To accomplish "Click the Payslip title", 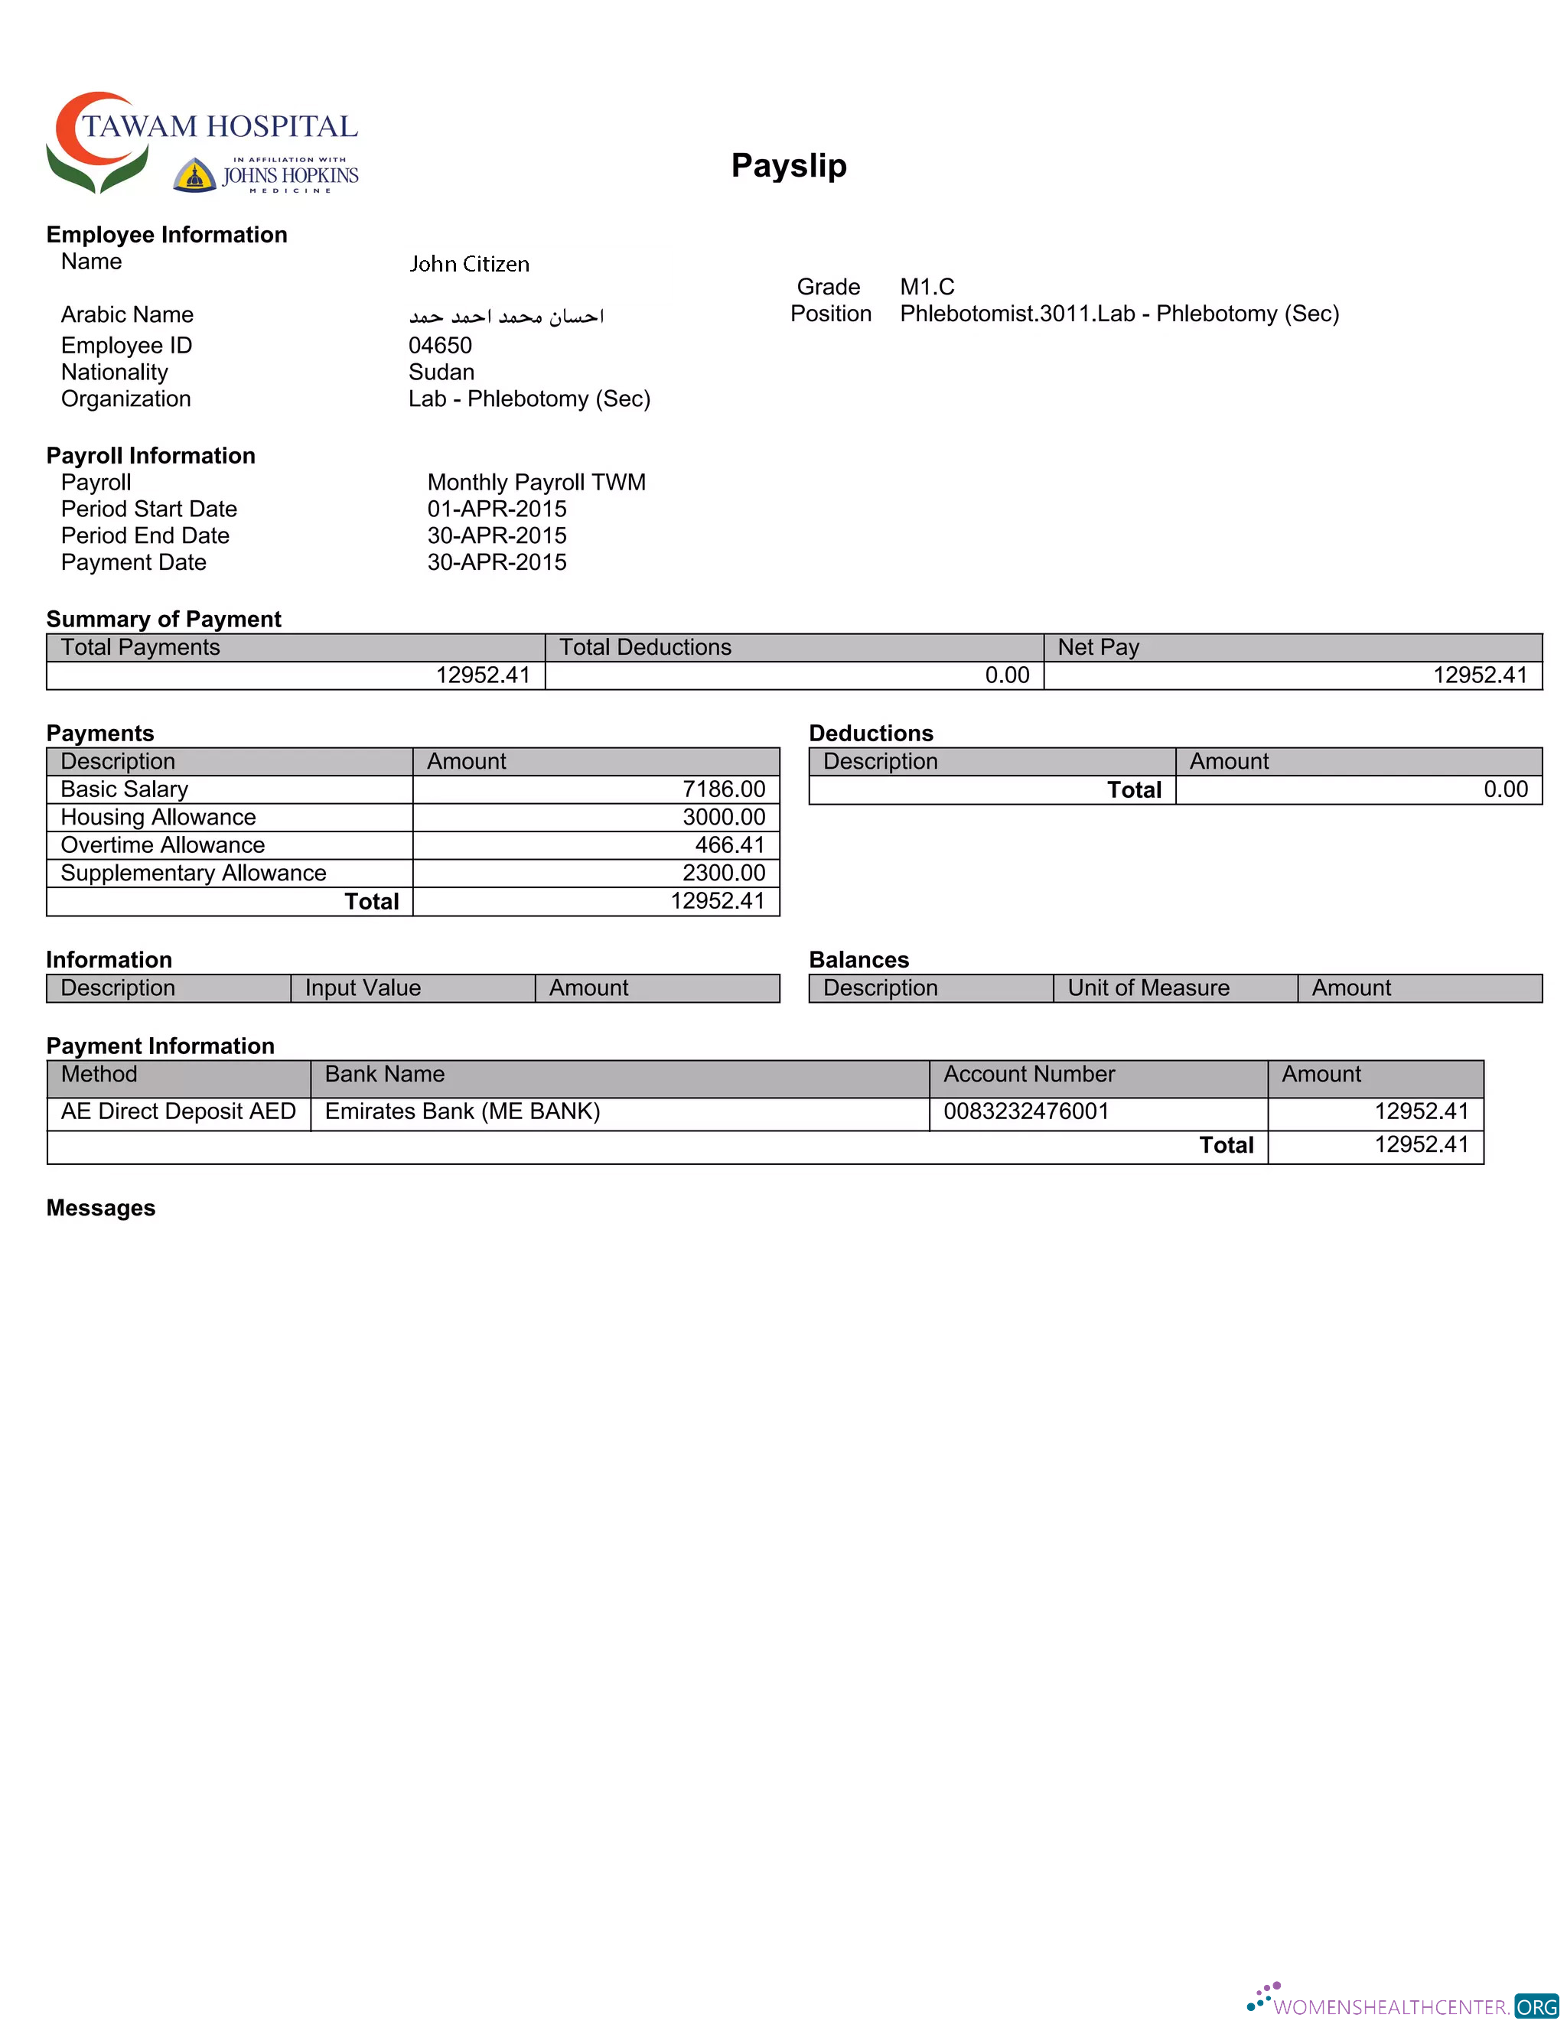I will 788,165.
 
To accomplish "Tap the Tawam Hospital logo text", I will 219,126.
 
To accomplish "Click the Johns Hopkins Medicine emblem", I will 195,175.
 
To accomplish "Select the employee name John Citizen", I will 469,265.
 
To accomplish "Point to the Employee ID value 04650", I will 440,345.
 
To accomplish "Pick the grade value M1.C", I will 927,287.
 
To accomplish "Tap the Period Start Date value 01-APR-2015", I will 497,509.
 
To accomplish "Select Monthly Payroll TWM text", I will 536,483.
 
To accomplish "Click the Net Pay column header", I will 1097,647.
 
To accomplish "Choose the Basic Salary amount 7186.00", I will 723,789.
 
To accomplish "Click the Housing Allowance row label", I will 158,817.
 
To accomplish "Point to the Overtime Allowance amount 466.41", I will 730,844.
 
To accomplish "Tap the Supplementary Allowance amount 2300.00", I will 723,873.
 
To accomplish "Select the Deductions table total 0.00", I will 1505,789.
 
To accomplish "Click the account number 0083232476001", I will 1026,1111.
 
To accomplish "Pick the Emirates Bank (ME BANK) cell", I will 462,1111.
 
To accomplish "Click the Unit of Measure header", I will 1148,987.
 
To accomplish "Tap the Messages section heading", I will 101,1208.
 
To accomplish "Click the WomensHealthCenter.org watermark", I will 1402,2006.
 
